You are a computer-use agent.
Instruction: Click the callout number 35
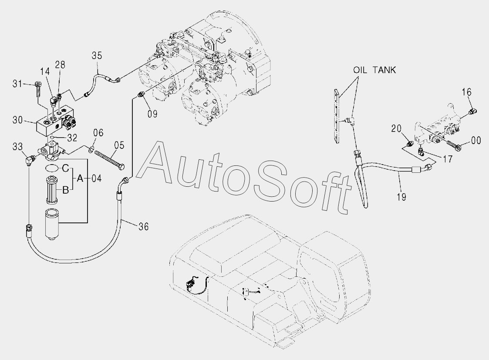click(x=97, y=55)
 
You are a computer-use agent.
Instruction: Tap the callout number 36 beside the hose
click(x=143, y=226)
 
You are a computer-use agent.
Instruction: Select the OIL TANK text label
click(x=374, y=70)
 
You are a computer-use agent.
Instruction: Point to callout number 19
click(x=401, y=197)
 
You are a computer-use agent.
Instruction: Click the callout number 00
click(x=476, y=140)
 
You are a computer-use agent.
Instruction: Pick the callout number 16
click(x=466, y=92)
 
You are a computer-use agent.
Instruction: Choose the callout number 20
click(x=396, y=128)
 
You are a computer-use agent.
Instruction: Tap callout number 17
click(x=447, y=159)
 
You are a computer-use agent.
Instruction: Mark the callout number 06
click(x=98, y=133)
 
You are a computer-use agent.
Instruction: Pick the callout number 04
click(x=97, y=178)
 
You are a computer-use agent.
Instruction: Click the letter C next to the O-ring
click(x=65, y=168)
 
